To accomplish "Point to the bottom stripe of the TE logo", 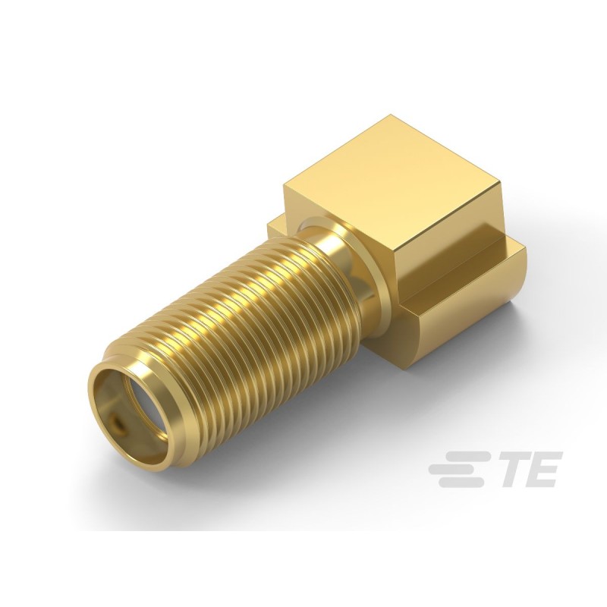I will [x=467, y=482].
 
